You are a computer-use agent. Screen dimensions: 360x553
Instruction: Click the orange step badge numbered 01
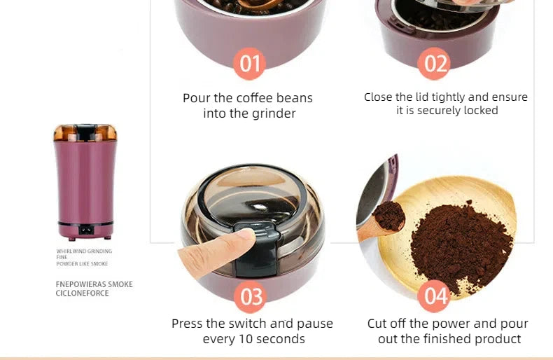click(x=250, y=64)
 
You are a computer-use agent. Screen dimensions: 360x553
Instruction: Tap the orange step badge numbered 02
click(x=435, y=64)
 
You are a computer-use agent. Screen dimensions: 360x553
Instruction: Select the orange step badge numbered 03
click(x=251, y=297)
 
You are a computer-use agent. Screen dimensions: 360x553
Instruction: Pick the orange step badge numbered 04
click(x=435, y=297)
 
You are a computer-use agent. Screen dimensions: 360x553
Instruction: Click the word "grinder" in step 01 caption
click(x=274, y=113)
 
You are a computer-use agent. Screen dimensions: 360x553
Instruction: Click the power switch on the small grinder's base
click(x=85, y=228)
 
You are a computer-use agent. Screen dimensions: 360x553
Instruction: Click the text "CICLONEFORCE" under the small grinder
click(x=83, y=293)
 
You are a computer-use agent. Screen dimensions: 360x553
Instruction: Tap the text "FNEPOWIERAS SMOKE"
click(x=94, y=284)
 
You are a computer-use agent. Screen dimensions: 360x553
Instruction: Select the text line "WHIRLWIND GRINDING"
click(x=84, y=251)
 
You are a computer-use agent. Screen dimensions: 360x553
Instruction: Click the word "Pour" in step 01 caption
click(x=197, y=98)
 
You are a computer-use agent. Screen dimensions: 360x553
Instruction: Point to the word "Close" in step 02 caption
click(x=378, y=97)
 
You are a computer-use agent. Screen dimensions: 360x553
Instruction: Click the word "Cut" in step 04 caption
click(x=379, y=324)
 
